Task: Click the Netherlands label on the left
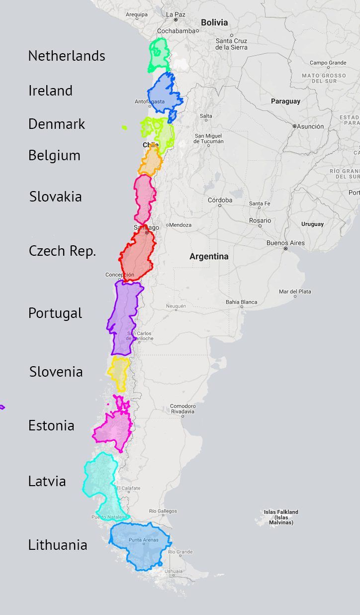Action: coord(67,56)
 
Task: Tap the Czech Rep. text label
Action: coord(62,251)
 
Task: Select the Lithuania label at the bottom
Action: coord(58,545)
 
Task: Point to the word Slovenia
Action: coord(56,372)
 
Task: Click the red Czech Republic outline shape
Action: coord(138,256)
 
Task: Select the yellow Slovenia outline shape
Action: coord(119,372)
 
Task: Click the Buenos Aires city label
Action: coord(285,243)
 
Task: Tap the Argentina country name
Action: coord(209,257)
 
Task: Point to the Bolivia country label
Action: coord(214,22)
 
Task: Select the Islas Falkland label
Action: coord(281,517)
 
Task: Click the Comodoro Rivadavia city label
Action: coord(183,409)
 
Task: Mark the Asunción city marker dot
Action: coord(294,126)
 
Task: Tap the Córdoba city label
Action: coord(220,200)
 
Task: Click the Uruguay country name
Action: coord(312,224)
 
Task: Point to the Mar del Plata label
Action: coord(295,291)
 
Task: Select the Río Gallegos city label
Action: coord(163,511)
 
